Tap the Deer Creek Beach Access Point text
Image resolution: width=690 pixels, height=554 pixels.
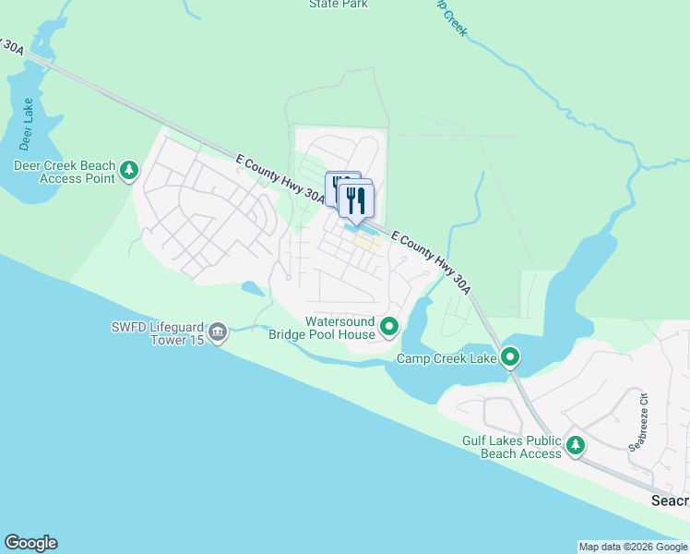[64, 172]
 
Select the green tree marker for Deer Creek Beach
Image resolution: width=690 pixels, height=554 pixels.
[129, 170]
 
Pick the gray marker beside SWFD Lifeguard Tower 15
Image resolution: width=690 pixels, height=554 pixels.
[218, 331]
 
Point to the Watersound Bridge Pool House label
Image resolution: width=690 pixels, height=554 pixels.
[321, 327]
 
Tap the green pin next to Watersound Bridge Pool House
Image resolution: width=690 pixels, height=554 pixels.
[389, 326]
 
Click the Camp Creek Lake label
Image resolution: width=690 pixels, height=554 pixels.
[447, 358]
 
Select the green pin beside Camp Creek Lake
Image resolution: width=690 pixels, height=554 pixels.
[510, 356]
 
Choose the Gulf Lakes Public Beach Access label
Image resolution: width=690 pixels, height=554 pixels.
[512, 448]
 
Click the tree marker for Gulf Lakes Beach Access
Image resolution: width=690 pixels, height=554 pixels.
[576, 447]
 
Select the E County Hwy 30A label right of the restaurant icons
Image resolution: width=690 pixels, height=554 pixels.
[431, 262]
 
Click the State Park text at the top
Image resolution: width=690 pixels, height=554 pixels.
[339, 5]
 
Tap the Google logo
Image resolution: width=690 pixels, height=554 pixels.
[30, 543]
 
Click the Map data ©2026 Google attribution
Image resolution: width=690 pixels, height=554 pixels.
[634, 547]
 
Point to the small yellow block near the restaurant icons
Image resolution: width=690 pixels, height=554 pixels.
[367, 243]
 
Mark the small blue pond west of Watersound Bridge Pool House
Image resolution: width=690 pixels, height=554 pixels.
[252, 289]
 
